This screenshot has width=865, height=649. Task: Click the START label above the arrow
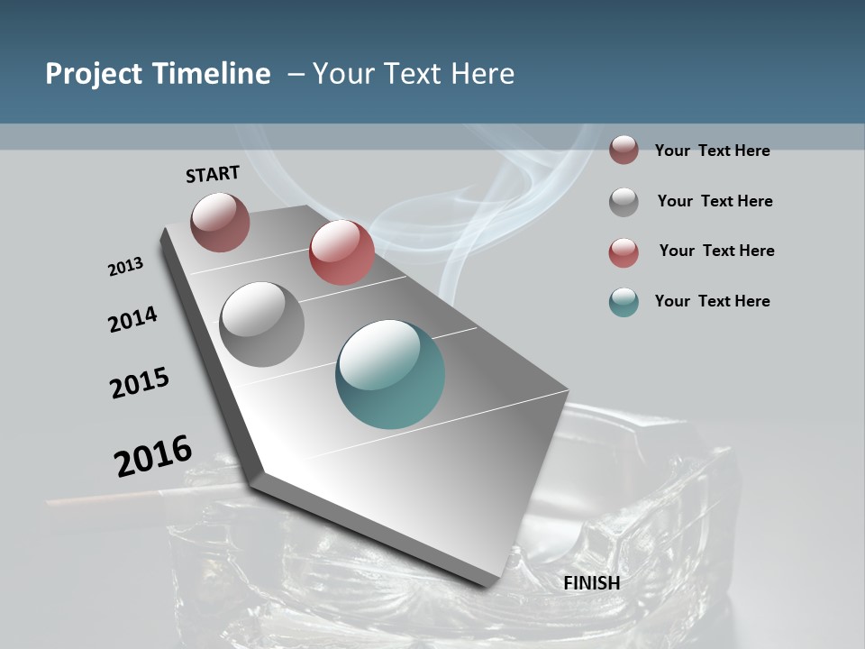click(213, 174)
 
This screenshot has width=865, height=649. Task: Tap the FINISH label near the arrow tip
click(591, 583)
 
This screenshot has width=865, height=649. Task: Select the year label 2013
click(125, 267)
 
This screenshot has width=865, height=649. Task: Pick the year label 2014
click(132, 320)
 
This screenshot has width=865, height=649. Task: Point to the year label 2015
click(140, 383)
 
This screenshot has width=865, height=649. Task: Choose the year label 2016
click(153, 455)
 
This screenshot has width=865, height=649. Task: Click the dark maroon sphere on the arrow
click(220, 222)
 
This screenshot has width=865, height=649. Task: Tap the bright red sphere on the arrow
click(341, 252)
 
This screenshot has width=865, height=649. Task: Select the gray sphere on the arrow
click(261, 324)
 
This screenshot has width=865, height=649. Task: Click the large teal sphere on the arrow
click(390, 374)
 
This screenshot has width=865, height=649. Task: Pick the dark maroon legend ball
click(624, 151)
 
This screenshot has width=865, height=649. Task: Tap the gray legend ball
click(624, 202)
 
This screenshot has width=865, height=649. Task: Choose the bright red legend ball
click(624, 252)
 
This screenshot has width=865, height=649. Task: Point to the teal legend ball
click(624, 302)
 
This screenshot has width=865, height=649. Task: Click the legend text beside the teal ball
click(712, 301)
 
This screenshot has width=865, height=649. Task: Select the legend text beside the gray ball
click(715, 201)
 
